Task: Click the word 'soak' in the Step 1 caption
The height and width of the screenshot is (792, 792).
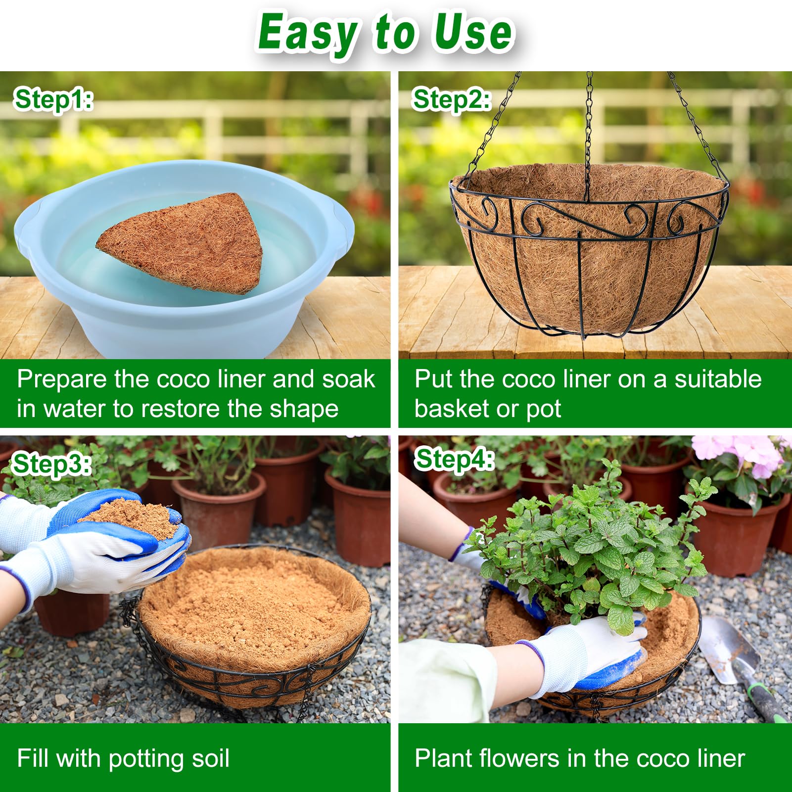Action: pos(348,379)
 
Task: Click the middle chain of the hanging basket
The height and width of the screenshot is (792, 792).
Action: pos(589,129)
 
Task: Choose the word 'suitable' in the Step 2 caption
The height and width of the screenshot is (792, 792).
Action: pos(718,379)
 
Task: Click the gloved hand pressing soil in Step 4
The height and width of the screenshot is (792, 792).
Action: pos(589,653)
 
